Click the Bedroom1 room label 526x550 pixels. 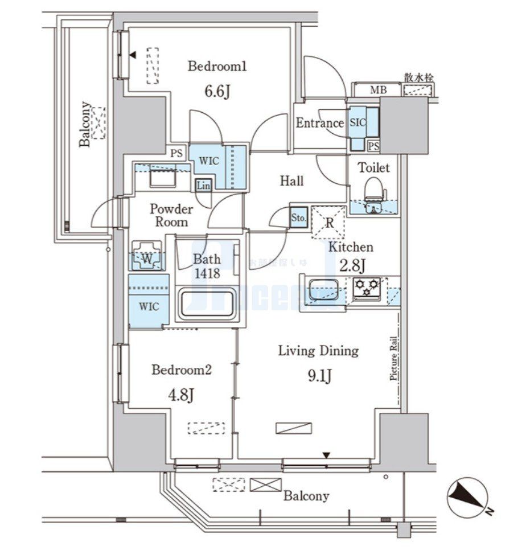217,67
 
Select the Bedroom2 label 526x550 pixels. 182,370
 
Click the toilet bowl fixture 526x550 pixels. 373,188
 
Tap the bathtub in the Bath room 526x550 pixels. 207,305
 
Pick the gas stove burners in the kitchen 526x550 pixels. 365,288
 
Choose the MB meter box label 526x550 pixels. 376,90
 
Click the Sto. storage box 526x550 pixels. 299,217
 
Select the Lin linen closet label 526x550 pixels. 203,185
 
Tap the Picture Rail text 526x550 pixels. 393,359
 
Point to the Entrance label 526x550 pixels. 320,123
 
